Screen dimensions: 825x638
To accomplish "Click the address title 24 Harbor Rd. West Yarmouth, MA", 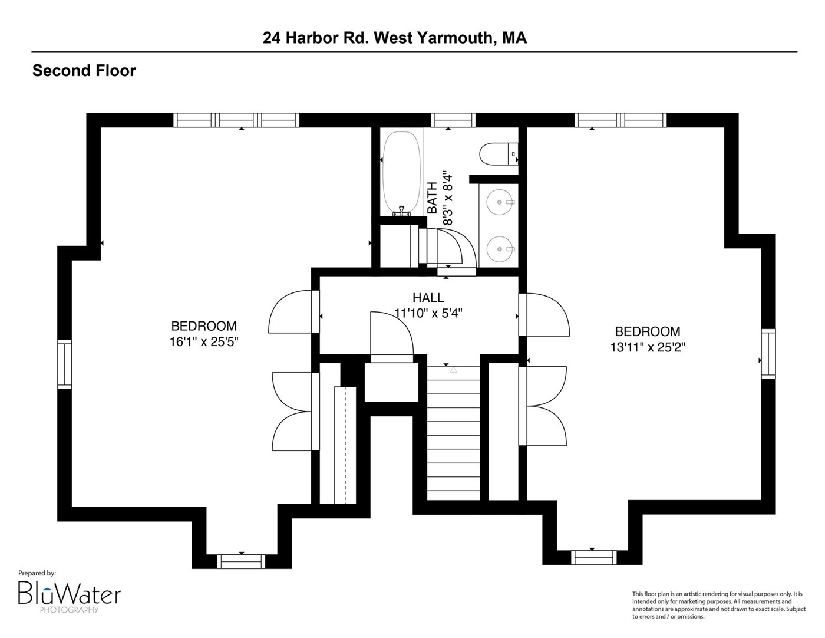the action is coord(394,38).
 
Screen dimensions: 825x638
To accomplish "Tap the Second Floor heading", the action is coord(84,71).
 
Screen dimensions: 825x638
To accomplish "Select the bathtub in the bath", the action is coord(402,173).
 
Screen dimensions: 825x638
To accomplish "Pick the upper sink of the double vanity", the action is coord(500,202).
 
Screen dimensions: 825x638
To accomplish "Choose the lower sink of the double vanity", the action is coord(500,249).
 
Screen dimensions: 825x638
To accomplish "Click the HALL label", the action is coord(428,297).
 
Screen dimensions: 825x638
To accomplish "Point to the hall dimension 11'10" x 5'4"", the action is coord(428,313).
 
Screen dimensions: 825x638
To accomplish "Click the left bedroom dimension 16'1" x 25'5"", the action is coord(204,342).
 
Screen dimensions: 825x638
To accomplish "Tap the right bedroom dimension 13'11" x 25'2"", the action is coord(648,347).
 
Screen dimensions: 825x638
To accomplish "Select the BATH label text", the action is coord(433,198).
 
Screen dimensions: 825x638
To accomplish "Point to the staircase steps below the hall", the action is coord(454,433).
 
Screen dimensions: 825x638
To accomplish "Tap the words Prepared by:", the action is coord(37,574).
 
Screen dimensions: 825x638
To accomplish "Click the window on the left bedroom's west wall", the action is coord(65,364).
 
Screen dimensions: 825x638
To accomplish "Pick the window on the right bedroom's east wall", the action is coord(768,354).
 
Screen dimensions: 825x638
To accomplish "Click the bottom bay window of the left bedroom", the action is coord(241,562).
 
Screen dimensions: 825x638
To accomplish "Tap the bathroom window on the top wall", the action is coord(453,120).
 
